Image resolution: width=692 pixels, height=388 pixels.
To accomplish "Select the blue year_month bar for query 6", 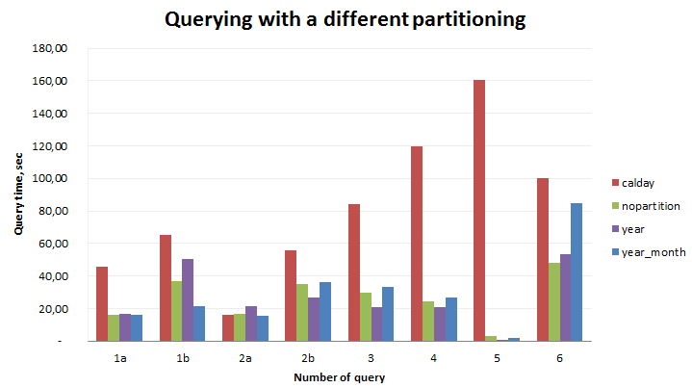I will [577, 272].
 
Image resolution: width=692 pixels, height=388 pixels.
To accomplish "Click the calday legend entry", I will [640, 182].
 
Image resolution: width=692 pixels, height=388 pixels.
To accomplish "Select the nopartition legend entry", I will [651, 206].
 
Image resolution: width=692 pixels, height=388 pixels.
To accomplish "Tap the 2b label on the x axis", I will [308, 358].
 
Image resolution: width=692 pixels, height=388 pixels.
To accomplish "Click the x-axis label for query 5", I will [497, 358].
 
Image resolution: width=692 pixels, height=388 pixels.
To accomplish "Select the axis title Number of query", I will [339, 377].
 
